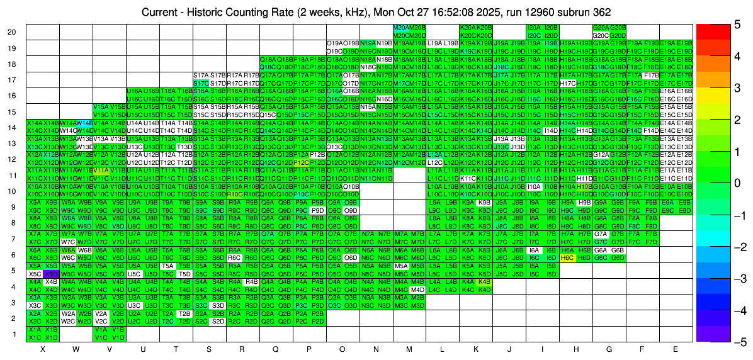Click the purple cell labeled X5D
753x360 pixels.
pyautogui.click(x=52, y=274)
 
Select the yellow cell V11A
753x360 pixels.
pyautogui.click(x=101, y=171)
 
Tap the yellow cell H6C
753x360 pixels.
pyautogui.click(x=567, y=258)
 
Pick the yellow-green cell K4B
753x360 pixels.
pyautogui.click(x=484, y=282)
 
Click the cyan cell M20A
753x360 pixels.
pyautogui.click(x=400, y=28)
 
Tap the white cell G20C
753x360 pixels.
pyautogui.click(x=601, y=36)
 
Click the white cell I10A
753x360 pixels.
pyautogui.click(x=534, y=186)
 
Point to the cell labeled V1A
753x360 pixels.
pyautogui.click(x=101, y=329)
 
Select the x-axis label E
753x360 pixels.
pyautogui.click(x=676, y=349)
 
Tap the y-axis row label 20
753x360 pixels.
pyautogui.click(x=12, y=32)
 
